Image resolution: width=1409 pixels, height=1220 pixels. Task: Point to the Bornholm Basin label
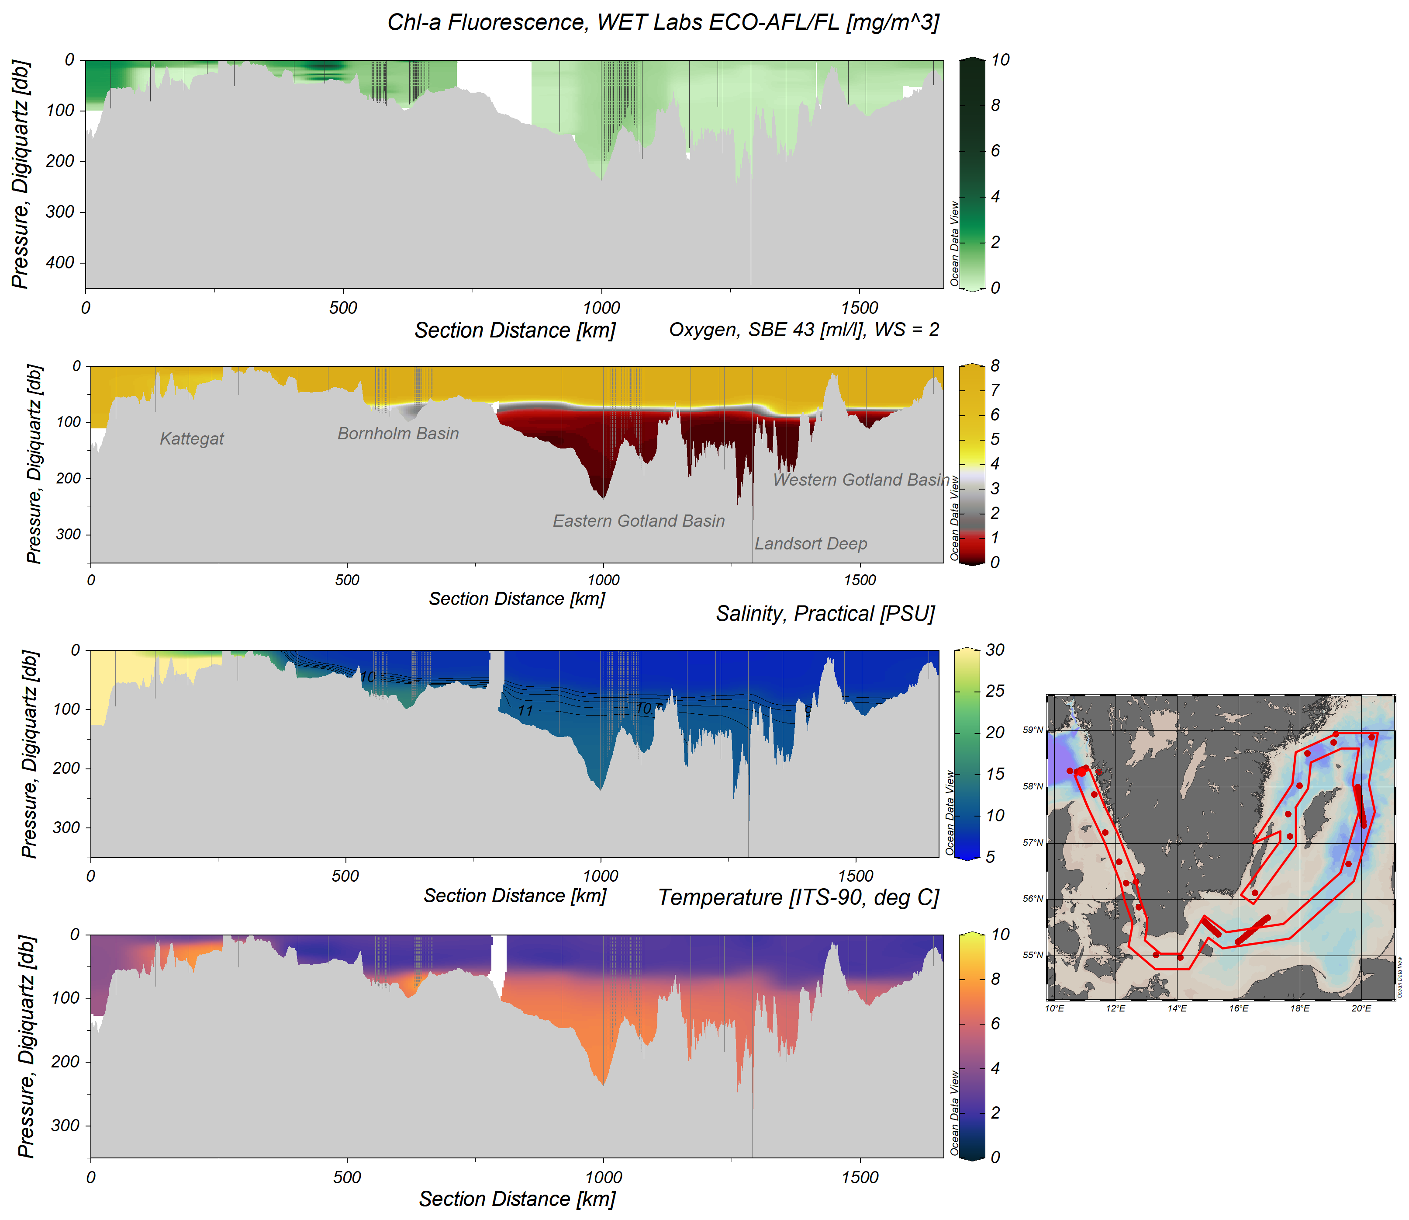pyautogui.click(x=398, y=434)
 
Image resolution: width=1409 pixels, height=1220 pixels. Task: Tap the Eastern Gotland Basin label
pyautogui.click(x=638, y=521)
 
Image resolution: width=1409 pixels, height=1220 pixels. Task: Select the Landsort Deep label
pyautogui.click(x=810, y=544)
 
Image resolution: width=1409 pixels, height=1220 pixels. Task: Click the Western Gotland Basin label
pyautogui.click(x=860, y=480)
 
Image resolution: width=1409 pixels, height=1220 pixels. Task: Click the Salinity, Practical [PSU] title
pyautogui.click(x=825, y=614)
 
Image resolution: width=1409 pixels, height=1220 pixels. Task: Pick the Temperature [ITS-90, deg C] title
pyautogui.click(x=798, y=898)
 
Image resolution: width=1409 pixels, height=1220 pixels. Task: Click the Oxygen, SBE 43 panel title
pyautogui.click(x=804, y=330)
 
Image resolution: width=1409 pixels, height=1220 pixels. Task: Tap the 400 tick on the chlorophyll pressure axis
pyautogui.click(x=60, y=263)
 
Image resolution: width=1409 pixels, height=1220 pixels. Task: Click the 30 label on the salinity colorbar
pyautogui.click(x=995, y=650)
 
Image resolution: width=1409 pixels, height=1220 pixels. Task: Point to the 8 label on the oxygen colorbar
pyautogui.click(x=995, y=366)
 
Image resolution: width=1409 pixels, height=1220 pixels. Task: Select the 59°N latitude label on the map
pyautogui.click(x=1033, y=730)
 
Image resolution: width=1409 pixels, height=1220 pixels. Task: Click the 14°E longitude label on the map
pyautogui.click(x=1177, y=1008)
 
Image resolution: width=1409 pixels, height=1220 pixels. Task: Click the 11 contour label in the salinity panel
pyautogui.click(x=525, y=711)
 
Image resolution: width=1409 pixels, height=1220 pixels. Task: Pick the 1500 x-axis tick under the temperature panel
pyautogui.click(x=860, y=1177)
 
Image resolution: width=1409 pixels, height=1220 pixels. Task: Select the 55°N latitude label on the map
pyautogui.click(x=1033, y=955)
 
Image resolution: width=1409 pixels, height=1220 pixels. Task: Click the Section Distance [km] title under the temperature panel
pyautogui.click(x=517, y=1199)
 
